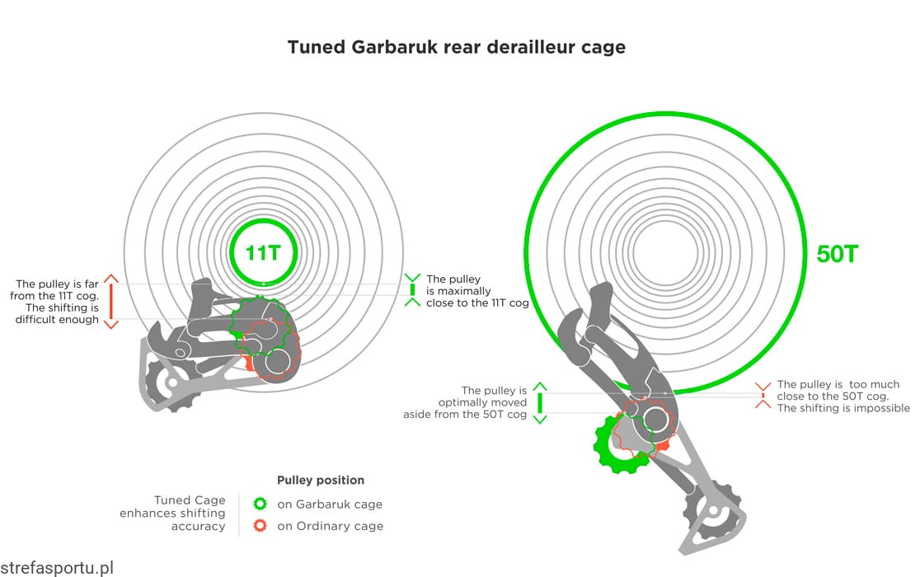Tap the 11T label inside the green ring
262,252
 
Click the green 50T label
838,253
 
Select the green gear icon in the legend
261,504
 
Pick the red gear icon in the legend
261,526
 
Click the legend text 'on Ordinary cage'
330,526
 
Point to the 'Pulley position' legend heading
321,480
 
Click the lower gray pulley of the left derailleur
170,382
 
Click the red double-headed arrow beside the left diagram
111,301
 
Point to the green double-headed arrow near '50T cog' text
540,402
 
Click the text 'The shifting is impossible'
843,408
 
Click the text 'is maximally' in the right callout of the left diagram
458,291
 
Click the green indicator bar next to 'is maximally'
412,290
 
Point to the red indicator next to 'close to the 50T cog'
763,396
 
